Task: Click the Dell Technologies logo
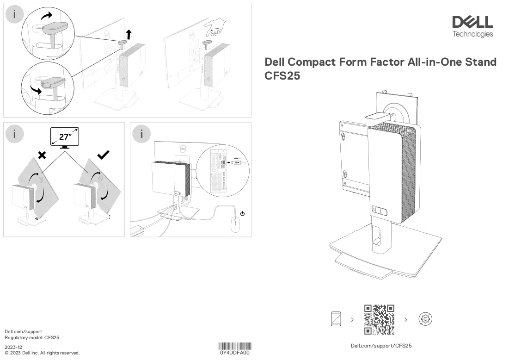[472, 27]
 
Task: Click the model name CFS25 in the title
[282, 76]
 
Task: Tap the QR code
[379, 319]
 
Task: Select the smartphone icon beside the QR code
[336, 319]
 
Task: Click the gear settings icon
[425, 319]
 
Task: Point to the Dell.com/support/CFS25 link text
[381, 346]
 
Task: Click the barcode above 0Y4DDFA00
[235, 346]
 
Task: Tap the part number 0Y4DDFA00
[235, 353]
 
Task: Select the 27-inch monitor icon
[65, 138]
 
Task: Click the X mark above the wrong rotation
[42, 155]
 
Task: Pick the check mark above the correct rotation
[103, 155]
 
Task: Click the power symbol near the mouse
[242, 213]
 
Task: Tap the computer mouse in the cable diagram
[235, 224]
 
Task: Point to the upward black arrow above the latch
[129, 34]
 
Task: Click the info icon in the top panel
[14, 14]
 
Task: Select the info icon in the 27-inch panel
[14, 134]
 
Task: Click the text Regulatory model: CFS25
[32, 338]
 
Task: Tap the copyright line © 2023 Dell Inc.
[42, 353]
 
